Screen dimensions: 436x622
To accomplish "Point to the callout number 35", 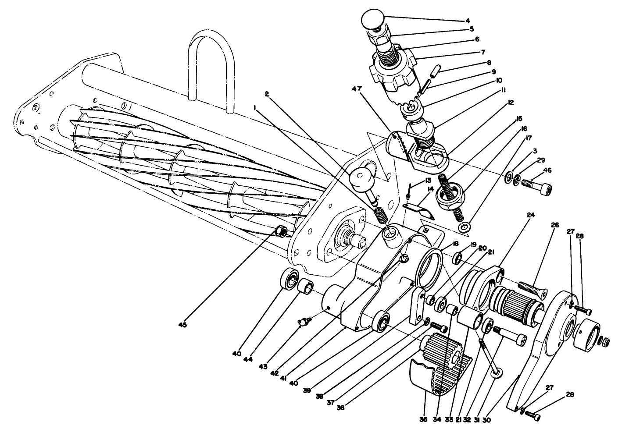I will click(423, 419).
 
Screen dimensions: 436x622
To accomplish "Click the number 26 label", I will click(555, 225).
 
